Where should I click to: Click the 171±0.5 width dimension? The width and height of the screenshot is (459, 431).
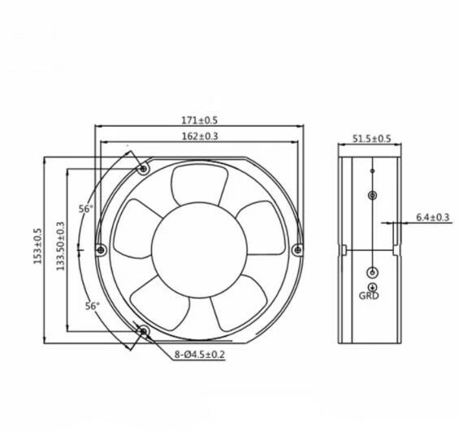tap(199, 120)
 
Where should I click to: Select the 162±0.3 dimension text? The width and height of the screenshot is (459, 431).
tap(199, 136)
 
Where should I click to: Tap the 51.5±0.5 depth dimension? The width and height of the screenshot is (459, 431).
tap(371, 139)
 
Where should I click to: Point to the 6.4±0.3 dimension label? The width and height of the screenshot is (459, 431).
tap(432, 217)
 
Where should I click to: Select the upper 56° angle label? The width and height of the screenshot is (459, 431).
tap(85, 209)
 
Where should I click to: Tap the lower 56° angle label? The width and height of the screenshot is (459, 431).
tap(92, 306)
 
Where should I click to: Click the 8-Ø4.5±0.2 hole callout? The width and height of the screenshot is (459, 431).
tap(199, 354)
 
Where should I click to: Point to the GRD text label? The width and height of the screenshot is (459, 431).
tap(370, 296)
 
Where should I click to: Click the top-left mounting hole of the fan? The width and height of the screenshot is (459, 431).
tap(143, 169)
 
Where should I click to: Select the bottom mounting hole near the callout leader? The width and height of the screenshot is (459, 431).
tap(143, 331)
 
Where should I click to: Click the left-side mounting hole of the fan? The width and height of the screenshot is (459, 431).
tap(100, 249)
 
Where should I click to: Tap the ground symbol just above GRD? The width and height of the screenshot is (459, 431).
tap(371, 287)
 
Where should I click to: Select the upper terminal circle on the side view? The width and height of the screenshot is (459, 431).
tap(371, 196)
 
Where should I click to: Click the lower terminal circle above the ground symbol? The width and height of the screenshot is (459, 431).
tap(371, 272)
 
